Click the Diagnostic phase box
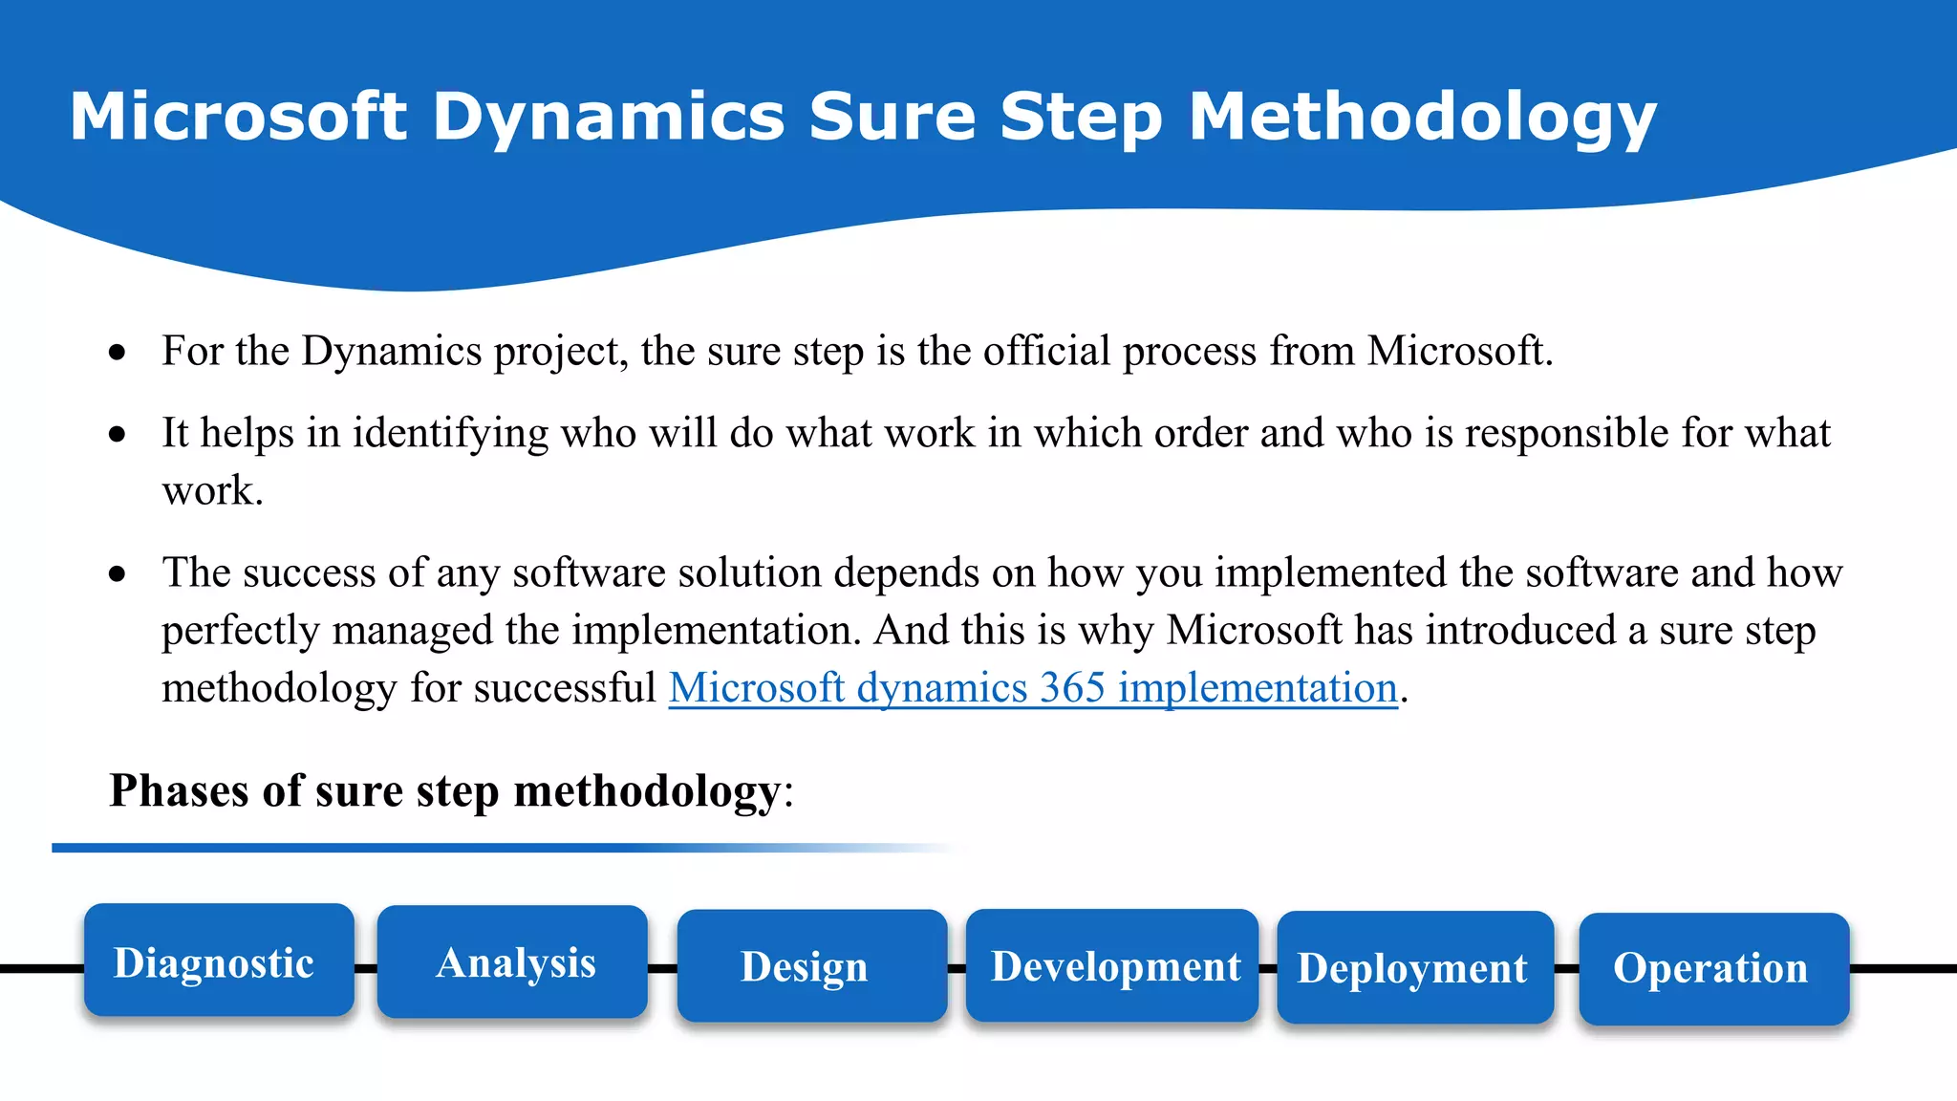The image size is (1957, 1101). pyautogui.click(x=219, y=961)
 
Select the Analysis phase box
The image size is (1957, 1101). pyautogui.click(x=512, y=962)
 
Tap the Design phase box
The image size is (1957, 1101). pyautogui.click(x=811, y=965)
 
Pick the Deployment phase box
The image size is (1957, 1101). pyautogui.click(x=1415, y=967)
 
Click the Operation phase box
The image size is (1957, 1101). pyautogui.click(x=1713, y=968)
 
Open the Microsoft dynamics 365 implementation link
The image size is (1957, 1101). pyautogui.click(x=1032, y=688)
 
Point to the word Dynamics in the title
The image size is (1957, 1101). pyautogui.click(x=608, y=118)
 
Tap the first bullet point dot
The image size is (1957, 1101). pyautogui.click(x=118, y=353)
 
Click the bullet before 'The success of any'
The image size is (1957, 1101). pyautogui.click(x=118, y=574)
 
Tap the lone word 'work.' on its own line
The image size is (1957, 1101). pyautogui.click(x=212, y=491)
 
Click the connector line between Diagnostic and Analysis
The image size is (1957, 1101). pyautogui.click(x=366, y=968)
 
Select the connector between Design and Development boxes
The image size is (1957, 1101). pyautogui.click(x=957, y=968)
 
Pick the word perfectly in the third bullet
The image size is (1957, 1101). pyautogui.click(x=240, y=631)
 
